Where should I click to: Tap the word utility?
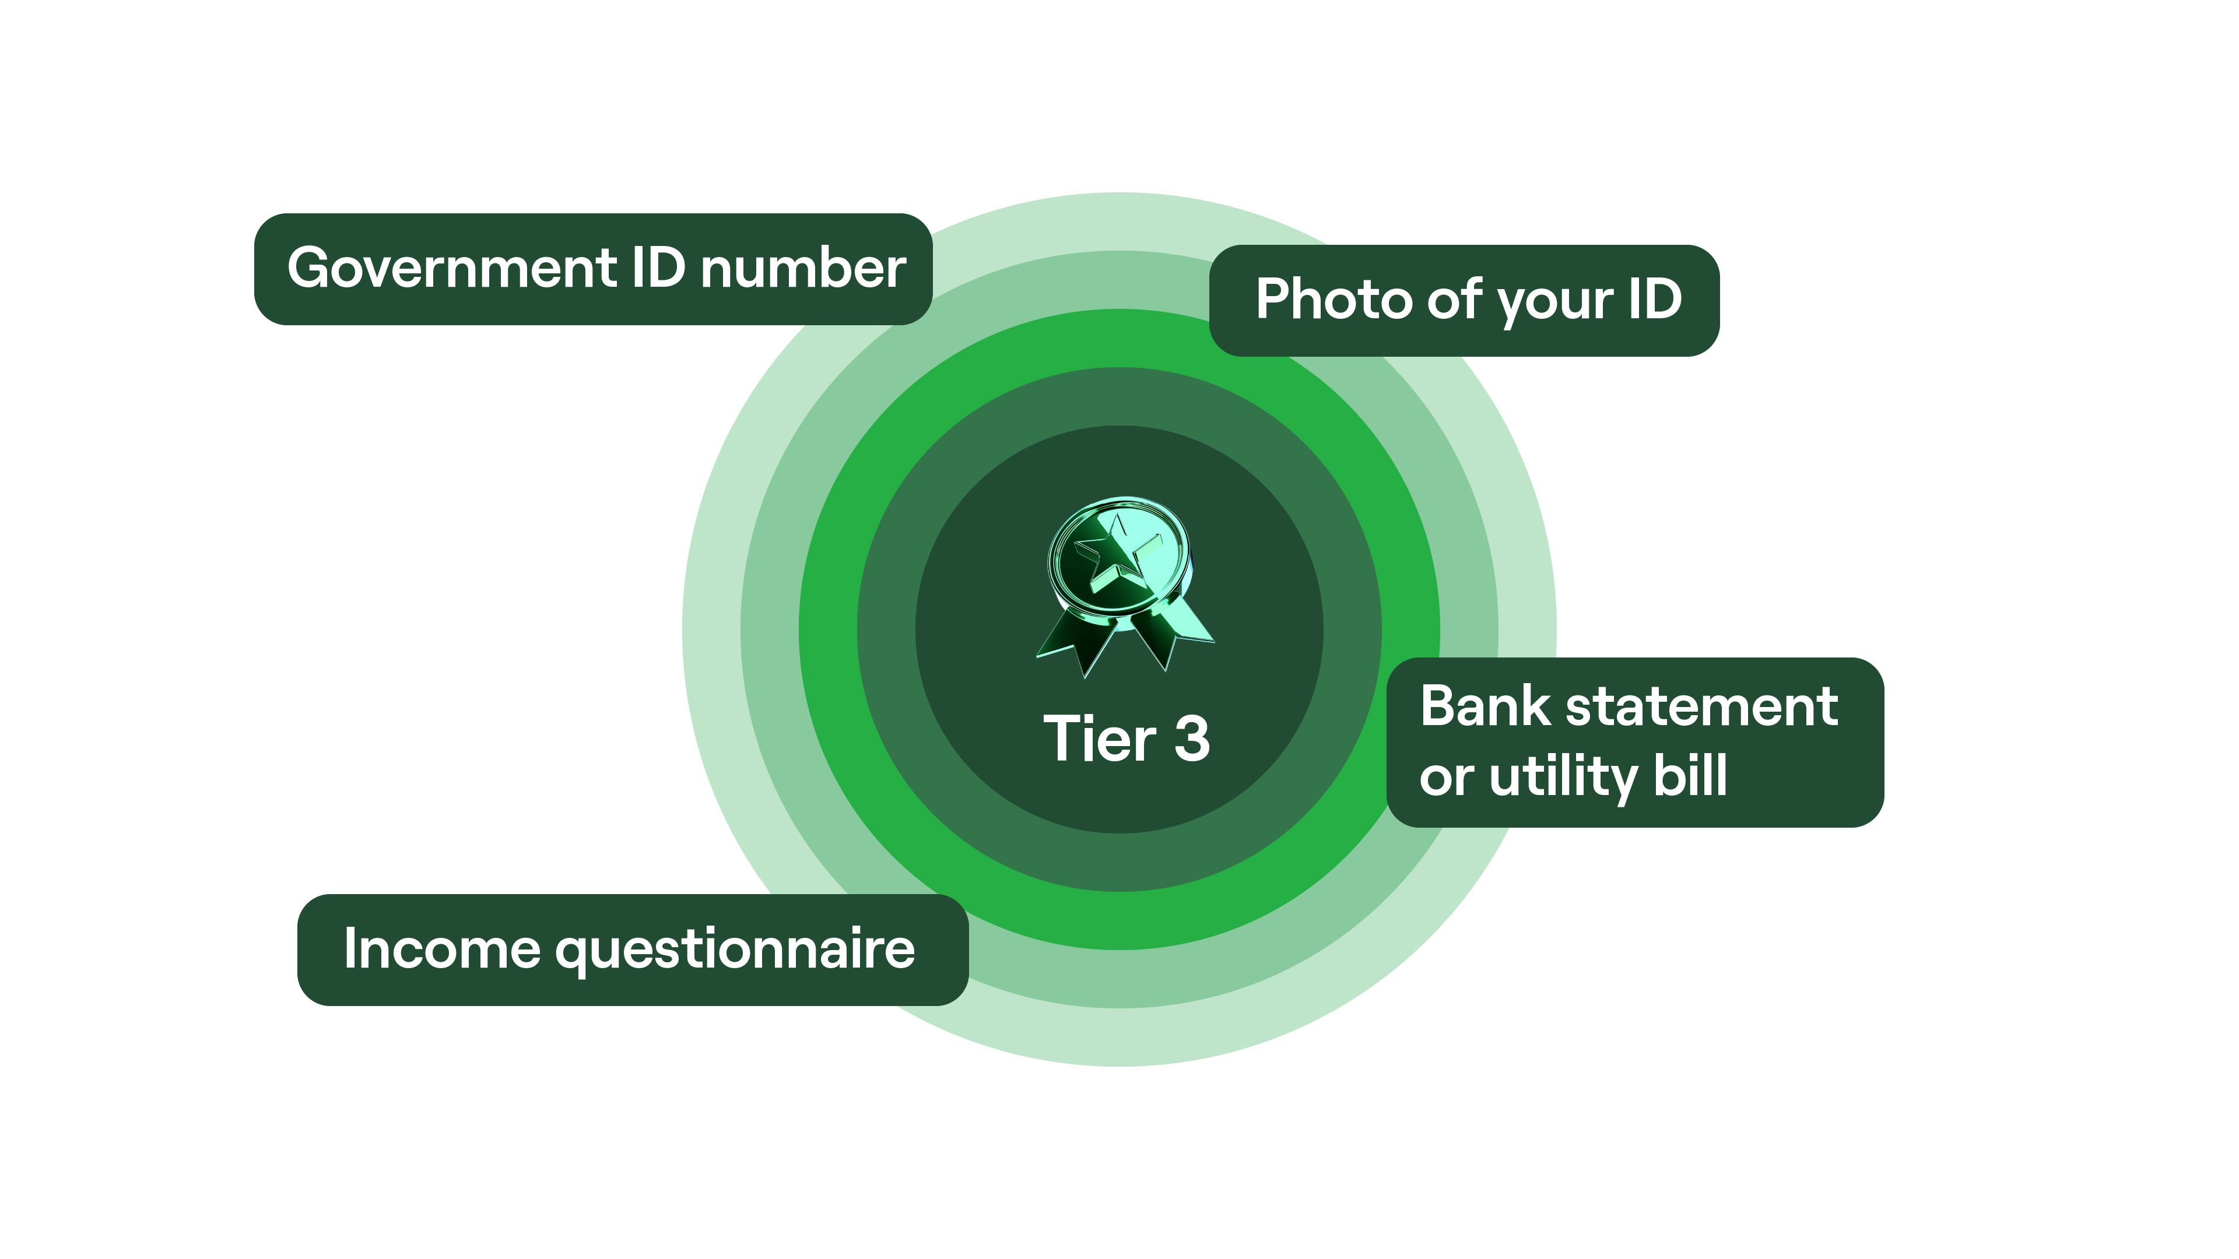pos(1563,777)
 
